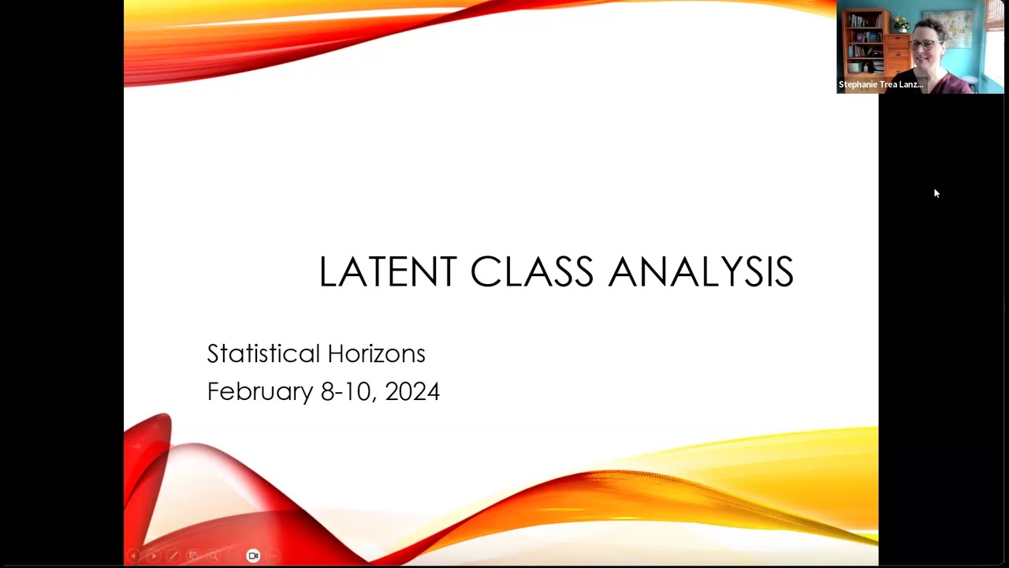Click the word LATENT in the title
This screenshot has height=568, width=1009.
click(387, 272)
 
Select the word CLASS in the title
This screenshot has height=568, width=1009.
click(531, 272)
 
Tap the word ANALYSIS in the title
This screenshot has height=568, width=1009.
click(701, 272)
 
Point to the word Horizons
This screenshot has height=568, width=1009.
click(377, 353)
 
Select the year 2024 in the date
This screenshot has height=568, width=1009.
click(412, 391)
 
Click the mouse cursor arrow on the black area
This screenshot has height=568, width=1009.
click(936, 192)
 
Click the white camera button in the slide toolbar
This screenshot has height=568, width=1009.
click(253, 556)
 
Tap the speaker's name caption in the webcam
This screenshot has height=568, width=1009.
click(881, 84)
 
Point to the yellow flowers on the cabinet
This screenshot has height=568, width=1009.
click(899, 23)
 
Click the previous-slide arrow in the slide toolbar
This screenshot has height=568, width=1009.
click(133, 556)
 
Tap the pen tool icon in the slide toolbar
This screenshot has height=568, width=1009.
click(173, 556)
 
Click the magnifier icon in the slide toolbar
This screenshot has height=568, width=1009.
click(213, 556)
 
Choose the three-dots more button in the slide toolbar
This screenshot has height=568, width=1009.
click(273, 556)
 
